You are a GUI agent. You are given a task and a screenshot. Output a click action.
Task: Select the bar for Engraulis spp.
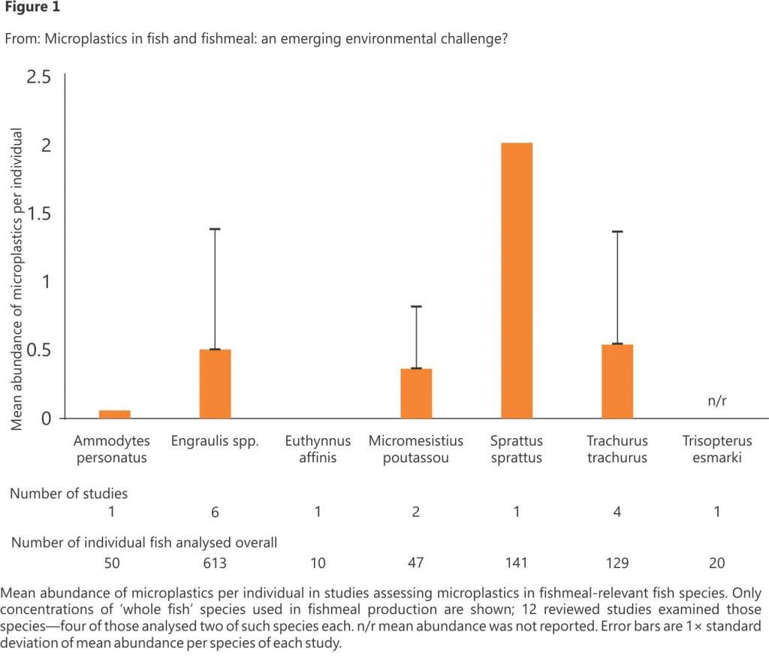pos(215,383)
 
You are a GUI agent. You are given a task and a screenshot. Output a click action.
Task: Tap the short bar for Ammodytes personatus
pos(114,414)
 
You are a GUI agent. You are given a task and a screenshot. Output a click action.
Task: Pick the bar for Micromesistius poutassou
pos(416,393)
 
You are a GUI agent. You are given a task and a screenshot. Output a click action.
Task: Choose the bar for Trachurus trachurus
pos(617,381)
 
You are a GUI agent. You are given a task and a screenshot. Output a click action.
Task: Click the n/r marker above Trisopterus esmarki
pos(717,401)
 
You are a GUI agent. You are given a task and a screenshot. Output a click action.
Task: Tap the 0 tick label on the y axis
pos(46,419)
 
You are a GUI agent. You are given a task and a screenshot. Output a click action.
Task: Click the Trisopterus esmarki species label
pos(717,449)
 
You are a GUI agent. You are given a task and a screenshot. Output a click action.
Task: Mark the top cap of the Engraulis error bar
pos(215,228)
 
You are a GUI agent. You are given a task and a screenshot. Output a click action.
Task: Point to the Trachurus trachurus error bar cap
pos(617,231)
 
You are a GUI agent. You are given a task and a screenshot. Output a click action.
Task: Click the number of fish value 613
pos(215,563)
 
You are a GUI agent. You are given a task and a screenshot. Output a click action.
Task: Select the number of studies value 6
pos(215,512)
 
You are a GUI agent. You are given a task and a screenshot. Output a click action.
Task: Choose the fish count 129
pos(617,563)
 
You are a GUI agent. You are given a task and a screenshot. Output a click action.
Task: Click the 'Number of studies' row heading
pos(68,494)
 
